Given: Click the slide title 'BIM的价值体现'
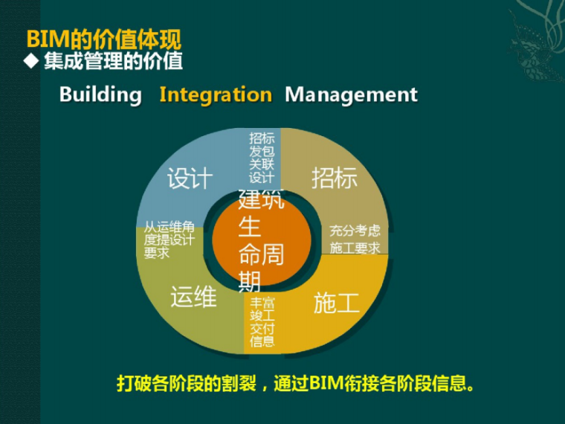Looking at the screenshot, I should tap(103, 39).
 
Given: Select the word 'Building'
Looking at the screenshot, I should tap(100, 95).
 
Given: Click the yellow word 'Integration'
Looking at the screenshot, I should tap(216, 95).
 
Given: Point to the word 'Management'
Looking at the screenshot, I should tap(351, 95).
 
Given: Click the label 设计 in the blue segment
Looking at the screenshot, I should tap(190, 179).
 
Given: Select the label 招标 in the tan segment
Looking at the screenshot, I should tap(335, 179).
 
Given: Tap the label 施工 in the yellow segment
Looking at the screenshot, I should tap(336, 303).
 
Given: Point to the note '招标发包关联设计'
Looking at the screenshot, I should tap(262, 158).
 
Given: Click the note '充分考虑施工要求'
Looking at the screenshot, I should tap(355, 240).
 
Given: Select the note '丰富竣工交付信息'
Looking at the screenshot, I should tap(262, 322).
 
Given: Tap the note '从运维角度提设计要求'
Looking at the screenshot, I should tap(169, 240).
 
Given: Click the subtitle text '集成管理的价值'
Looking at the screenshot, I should tap(113, 61).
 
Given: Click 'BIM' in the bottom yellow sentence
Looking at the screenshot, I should tap(324, 384).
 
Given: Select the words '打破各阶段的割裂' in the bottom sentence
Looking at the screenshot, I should tap(187, 384).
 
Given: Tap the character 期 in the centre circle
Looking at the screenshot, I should tap(250, 281).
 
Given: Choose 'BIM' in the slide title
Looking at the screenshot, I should tap(43, 39).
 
